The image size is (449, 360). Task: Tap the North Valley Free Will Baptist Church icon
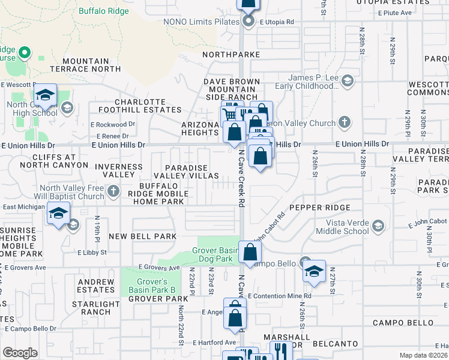coord(114,192)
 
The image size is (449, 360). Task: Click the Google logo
coord(20,352)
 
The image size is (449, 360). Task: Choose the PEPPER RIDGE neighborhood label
coord(319,208)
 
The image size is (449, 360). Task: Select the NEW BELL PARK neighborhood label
coord(142,236)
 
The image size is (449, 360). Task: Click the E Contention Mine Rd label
coord(279,296)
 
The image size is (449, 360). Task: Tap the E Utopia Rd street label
coord(277,22)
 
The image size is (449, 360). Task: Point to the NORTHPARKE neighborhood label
coord(231,54)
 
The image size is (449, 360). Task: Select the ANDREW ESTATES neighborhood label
coord(95,286)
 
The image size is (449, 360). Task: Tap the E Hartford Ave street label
coord(213,343)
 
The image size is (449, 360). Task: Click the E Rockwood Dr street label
coord(113,124)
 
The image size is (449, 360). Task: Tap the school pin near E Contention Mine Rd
coord(313,272)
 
